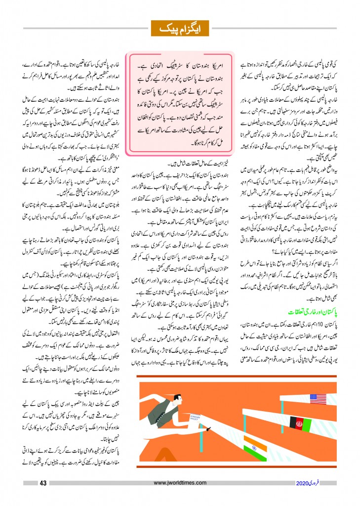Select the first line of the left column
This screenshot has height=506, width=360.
(70, 64)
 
